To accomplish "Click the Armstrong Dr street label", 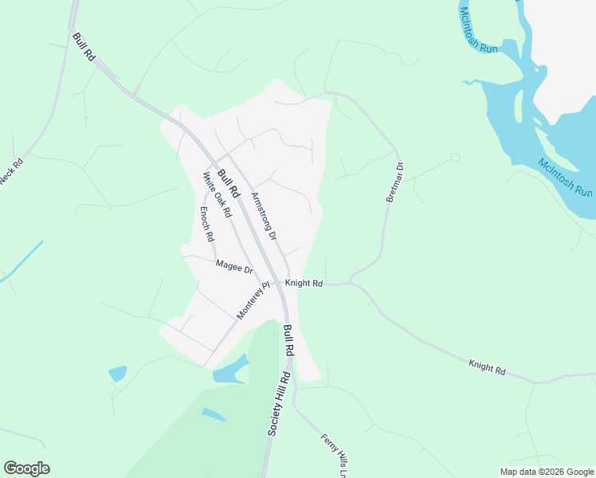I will (264, 216).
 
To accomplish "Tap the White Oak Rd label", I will (217, 194).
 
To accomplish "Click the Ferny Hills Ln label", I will (335, 455).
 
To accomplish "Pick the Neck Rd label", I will (12, 173).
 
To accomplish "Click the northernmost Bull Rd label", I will (84, 47).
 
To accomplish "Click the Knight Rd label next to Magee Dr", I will (304, 283).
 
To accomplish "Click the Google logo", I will (26, 468).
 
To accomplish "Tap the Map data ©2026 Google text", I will (547, 471).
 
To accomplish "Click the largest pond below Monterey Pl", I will (231, 369).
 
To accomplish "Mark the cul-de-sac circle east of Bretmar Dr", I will (455, 158).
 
